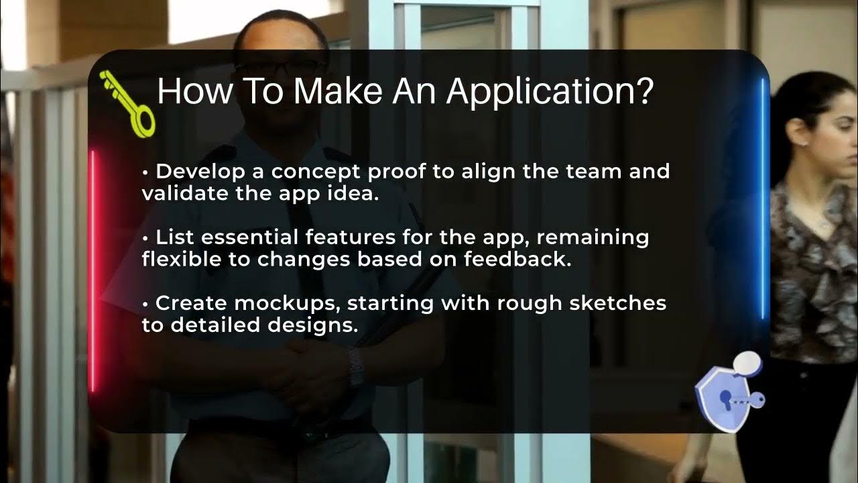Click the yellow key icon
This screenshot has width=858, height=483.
[129, 105]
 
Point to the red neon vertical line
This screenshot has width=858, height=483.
[93, 268]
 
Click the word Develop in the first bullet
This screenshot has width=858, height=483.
[193, 172]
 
